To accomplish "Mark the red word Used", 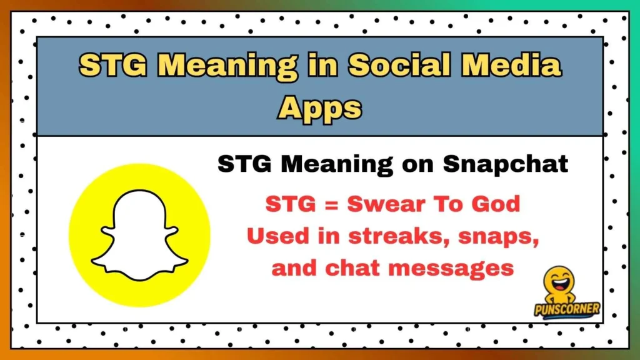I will (274, 236).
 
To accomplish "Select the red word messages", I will (451, 268).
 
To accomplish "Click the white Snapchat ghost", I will (139, 235).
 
